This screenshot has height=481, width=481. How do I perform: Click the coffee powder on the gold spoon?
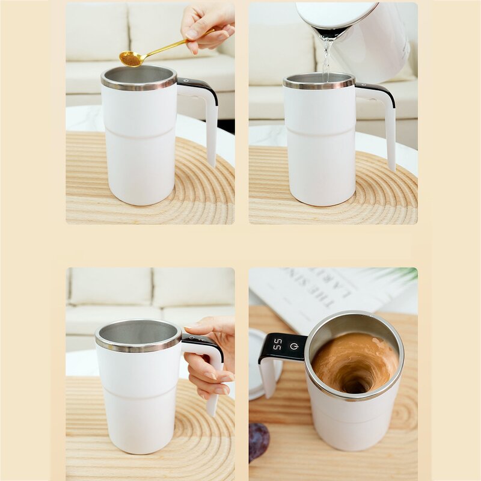[x=130, y=58]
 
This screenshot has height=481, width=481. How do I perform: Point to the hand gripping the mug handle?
[x=207, y=361]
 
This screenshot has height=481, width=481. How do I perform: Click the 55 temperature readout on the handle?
[x=277, y=344]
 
